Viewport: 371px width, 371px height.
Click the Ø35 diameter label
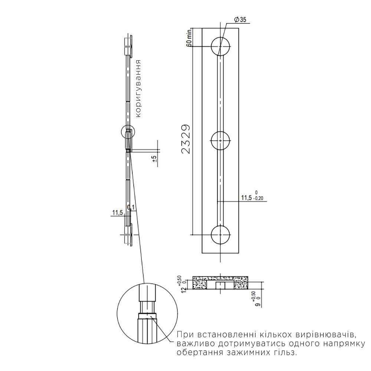[x=240, y=20]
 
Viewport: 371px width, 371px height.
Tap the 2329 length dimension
[x=186, y=139]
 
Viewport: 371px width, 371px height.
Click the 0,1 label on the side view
[x=131, y=207]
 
